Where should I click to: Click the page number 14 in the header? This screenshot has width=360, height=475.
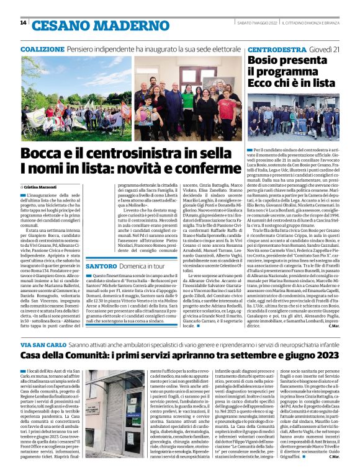coord(24,23)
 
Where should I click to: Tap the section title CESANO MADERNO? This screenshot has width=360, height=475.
coord(86,25)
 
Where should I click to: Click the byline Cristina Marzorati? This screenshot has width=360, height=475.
coord(42,186)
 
